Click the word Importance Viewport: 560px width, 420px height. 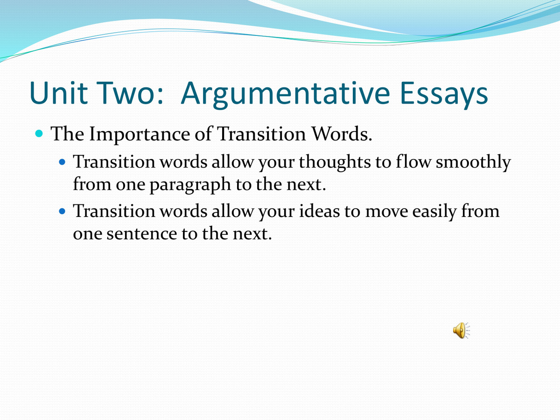[140, 134]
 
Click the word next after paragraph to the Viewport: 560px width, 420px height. [304, 184]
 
